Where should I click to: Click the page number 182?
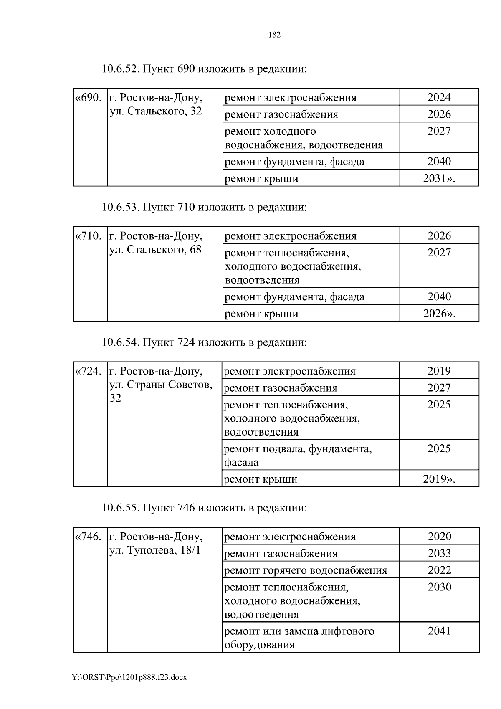tap(274, 35)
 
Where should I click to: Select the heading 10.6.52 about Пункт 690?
tap(204, 68)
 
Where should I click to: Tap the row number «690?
tap(89, 98)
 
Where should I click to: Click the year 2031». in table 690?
tap(439, 178)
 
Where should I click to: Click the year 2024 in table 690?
tap(439, 97)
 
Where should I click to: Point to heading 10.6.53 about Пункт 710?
tap(204, 207)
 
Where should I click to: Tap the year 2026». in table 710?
tap(439, 314)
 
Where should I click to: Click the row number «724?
tap(89, 371)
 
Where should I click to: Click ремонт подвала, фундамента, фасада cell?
tap(298, 455)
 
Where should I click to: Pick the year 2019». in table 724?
tap(439, 479)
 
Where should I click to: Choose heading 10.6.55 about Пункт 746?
tap(204, 508)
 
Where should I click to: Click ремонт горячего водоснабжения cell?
tap(306, 570)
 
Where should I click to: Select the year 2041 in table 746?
tap(439, 631)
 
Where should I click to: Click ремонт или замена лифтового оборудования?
tap(299, 637)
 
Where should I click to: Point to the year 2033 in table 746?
tap(439, 553)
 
